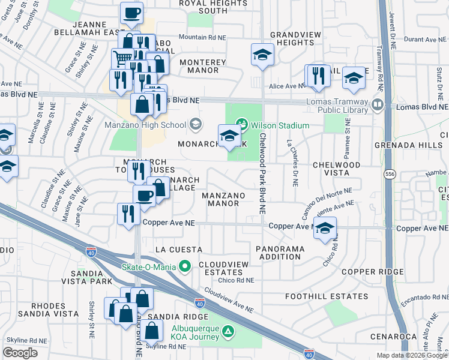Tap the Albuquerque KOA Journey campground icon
click(x=228, y=331)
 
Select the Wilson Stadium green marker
click(x=242, y=125)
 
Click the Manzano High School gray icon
click(x=194, y=125)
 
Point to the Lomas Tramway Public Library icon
click(x=378, y=105)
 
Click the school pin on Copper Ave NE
click(x=325, y=228)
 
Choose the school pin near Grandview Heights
click(x=262, y=55)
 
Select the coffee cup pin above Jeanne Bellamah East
click(x=131, y=13)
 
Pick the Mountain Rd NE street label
click(x=202, y=37)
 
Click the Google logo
click(x=20, y=353)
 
